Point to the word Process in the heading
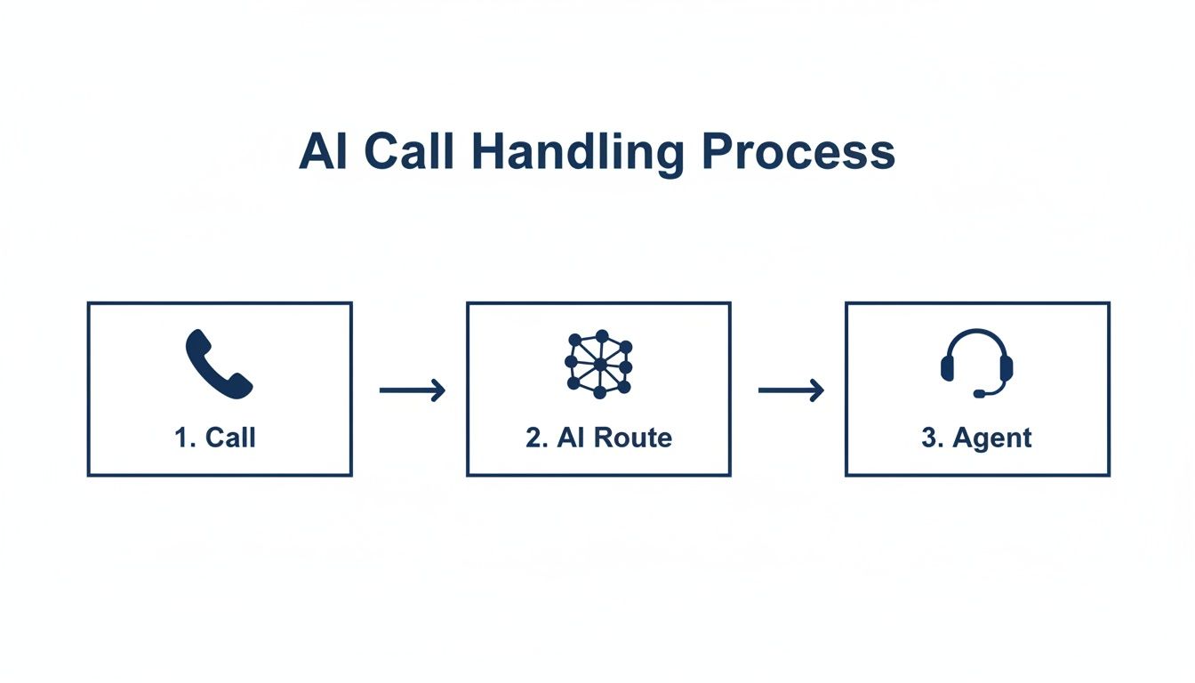[x=798, y=152]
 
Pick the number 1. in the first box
[x=185, y=438]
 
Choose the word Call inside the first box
[x=230, y=438]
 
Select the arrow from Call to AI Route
[x=412, y=390]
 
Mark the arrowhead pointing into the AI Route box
[x=438, y=390]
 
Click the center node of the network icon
[x=599, y=364]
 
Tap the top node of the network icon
[x=600, y=335]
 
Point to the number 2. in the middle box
[x=535, y=438]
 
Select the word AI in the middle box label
[x=570, y=438]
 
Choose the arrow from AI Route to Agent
[x=790, y=390]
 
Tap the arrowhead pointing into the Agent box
[x=817, y=390]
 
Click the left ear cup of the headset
[x=948, y=366]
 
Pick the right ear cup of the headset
[x=1006, y=366]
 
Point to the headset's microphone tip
[x=979, y=393]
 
